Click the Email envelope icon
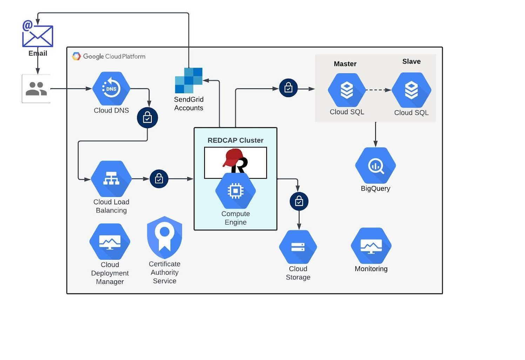coord(38,36)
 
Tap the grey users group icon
coord(36,89)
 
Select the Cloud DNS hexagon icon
coord(111,89)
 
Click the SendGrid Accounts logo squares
coord(189,81)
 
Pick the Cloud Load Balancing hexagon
coord(111,179)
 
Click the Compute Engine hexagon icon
coord(235,191)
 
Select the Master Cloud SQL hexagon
coord(347,90)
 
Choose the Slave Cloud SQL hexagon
coord(411,90)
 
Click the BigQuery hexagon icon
coord(375,165)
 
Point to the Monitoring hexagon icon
coord(371,246)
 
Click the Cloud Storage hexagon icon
coord(298,247)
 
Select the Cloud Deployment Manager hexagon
coord(110,242)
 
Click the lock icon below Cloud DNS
coord(147,118)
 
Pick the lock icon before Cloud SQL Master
coord(288,88)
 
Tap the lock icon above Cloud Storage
coord(299,201)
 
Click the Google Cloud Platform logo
coord(76,56)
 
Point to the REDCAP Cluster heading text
coord(235,140)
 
